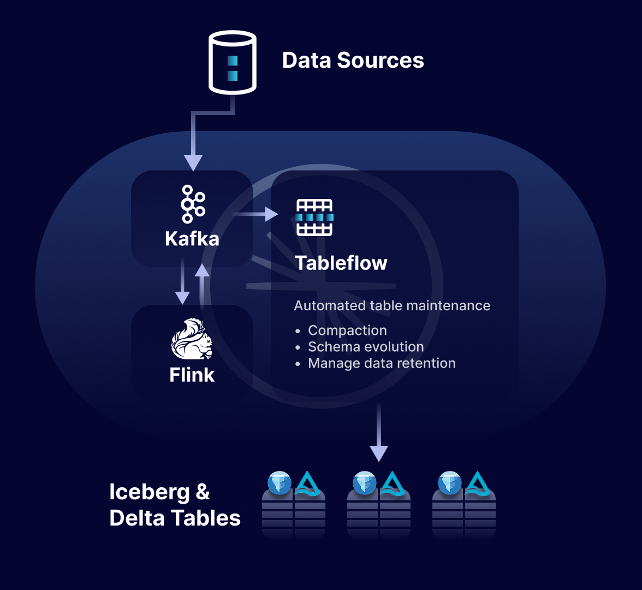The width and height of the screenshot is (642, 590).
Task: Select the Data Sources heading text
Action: [353, 60]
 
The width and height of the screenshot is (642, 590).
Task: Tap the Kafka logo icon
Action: [192, 204]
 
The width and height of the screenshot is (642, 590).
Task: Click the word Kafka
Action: [192, 239]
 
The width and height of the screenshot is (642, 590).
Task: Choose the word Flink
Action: [192, 375]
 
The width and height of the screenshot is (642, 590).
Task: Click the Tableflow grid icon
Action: [314, 217]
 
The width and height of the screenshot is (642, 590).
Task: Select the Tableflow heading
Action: [341, 263]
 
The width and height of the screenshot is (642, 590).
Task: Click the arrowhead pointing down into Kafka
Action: [193, 162]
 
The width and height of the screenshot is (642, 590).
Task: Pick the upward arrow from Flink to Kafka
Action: [203, 284]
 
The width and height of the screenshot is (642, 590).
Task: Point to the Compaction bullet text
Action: [347, 331]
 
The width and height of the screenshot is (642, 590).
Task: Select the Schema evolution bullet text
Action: [366, 347]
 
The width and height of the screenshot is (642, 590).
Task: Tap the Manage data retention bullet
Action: [382, 363]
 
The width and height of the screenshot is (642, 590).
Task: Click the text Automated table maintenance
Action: [392, 305]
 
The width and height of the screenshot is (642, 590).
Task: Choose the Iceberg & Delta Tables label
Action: [175, 505]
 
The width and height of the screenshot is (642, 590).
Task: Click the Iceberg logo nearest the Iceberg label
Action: [280, 483]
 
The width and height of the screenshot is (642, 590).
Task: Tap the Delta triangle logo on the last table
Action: [478, 483]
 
